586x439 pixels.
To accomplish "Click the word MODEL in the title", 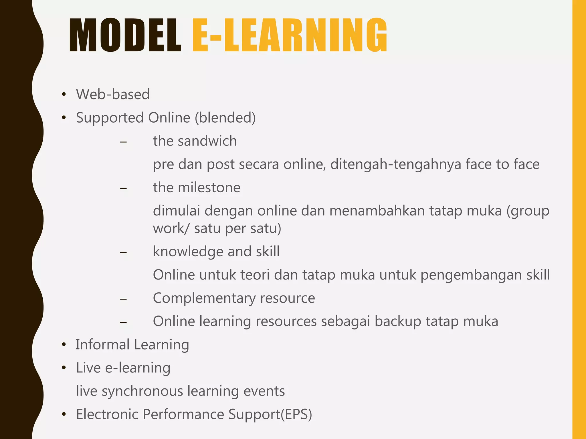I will pyautogui.click(x=125, y=36).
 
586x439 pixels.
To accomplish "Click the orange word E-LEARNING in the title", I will pyautogui.click(x=290, y=36).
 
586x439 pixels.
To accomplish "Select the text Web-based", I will pyautogui.click(x=113, y=94).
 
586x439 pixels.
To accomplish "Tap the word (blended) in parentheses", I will pyautogui.click(x=225, y=118).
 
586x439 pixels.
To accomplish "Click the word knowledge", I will pyautogui.click(x=188, y=252).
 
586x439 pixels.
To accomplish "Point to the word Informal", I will pyautogui.click(x=102, y=345).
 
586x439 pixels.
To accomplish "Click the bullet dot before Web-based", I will pyautogui.click(x=64, y=95).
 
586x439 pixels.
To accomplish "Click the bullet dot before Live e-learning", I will pyautogui.click(x=64, y=368).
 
